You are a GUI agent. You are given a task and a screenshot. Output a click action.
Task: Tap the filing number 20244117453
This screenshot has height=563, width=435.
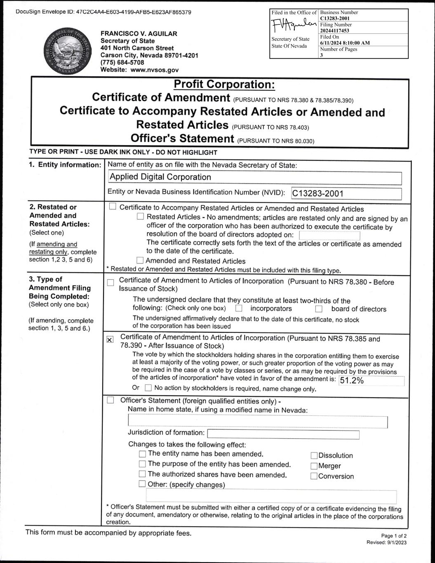pos(334,31)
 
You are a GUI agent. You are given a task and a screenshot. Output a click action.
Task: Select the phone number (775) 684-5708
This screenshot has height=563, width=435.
pos(122,63)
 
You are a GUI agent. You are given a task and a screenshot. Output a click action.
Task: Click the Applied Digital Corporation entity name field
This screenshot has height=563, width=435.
pos(254,177)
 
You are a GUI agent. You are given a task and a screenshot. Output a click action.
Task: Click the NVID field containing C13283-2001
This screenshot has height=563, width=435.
pos(346,193)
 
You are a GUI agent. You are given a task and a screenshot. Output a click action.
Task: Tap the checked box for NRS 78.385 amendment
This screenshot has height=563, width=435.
pos(110,339)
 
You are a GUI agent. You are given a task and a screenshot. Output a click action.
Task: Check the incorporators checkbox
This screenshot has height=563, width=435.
pos(239,309)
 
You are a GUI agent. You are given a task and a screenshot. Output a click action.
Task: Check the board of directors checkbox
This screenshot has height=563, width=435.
pos(319,309)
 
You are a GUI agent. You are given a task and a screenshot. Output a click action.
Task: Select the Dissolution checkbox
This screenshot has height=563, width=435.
pos(314,456)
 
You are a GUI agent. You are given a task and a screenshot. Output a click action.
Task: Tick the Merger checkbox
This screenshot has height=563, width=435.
pos(314,466)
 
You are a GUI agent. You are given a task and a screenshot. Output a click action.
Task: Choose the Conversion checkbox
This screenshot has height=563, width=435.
pos(314,476)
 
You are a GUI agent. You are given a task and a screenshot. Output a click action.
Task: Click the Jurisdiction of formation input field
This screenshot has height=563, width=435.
pos(283,434)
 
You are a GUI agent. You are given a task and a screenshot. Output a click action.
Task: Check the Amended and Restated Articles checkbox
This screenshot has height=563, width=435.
pos(140,261)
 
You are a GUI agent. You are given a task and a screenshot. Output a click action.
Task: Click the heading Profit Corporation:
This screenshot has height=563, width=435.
pos(224,84)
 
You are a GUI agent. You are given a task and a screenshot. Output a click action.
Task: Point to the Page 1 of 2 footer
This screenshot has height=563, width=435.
pos(394,536)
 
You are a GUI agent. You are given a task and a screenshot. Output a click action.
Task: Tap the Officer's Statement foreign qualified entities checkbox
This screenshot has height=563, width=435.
pos(110,400)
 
